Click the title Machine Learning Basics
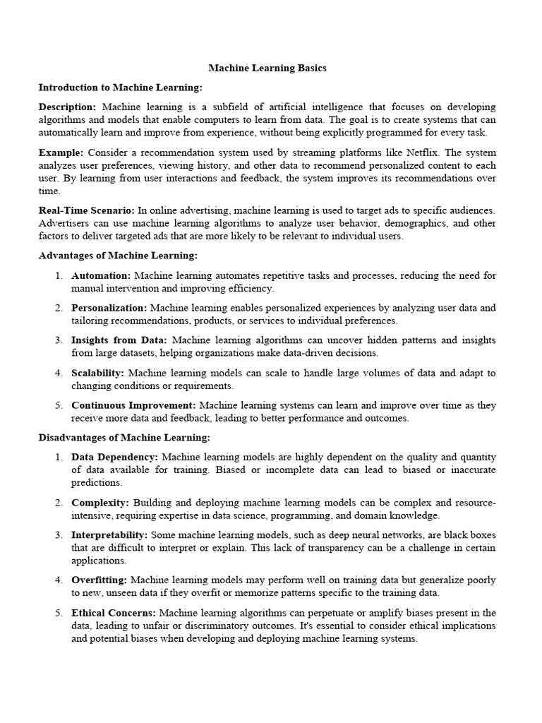(267, 68)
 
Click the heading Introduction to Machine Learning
(120, 88)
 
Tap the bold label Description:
(67, 107)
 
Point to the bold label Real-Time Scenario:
(86, 210)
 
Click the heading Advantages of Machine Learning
(118, 256)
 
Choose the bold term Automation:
(101, 275)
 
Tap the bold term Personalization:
(109, 308)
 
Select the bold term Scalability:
(97, 373)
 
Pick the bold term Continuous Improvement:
(133, 405)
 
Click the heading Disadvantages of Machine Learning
(124, 438)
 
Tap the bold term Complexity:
(100, 503)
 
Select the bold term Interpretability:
(109, 535)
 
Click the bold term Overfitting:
(100, 580)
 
